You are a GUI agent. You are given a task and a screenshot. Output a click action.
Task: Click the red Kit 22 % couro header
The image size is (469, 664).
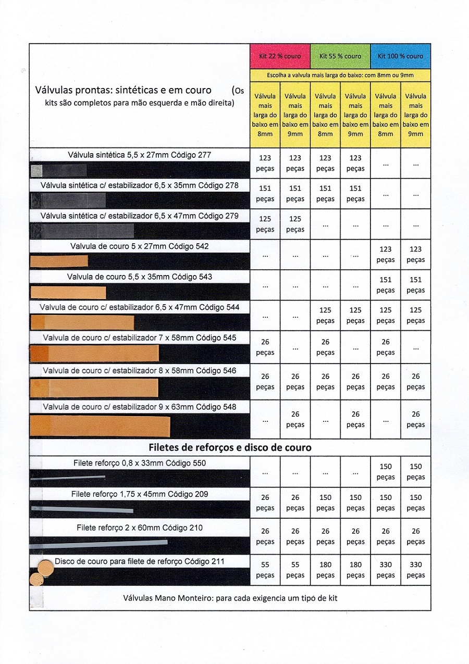click(x=280, y=56)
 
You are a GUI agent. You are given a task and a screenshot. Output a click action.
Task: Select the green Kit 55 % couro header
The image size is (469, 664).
click(x=340, y=56)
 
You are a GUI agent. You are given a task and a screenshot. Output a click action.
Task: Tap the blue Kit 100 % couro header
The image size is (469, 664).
click(x=400, y=56)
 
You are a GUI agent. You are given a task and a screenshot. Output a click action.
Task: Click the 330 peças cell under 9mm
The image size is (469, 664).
click(x=415, y=570)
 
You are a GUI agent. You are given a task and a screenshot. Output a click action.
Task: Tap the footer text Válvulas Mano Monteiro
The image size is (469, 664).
click(x=230, y=598)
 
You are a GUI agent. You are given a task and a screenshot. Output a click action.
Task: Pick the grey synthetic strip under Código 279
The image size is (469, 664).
click(x=83, y=231)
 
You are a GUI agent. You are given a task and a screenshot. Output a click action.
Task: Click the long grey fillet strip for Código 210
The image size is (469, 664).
click(x=99, y=544)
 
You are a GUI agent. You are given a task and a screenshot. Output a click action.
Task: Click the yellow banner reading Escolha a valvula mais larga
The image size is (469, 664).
click(x=340, y=76)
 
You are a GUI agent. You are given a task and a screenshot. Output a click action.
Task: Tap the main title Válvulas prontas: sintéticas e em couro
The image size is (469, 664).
click(x=123, y=90)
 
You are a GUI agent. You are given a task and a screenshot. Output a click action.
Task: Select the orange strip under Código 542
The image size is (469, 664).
click(x=58, y=261)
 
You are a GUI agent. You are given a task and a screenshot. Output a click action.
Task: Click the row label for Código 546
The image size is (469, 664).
click(x=139, y=371)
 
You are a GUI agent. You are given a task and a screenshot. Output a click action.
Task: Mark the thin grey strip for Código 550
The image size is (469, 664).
click(x=68, y=477)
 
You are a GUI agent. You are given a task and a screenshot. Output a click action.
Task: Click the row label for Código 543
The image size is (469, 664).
click(x=139, y=277)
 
